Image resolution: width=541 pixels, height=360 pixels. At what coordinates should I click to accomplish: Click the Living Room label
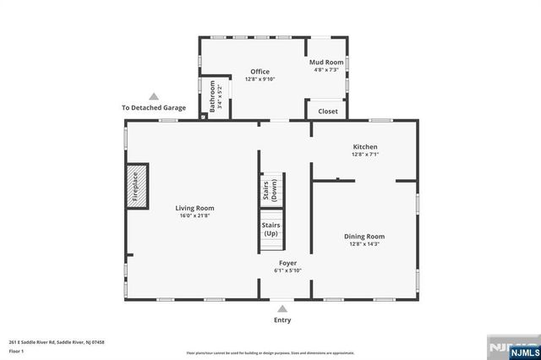click(194, 208)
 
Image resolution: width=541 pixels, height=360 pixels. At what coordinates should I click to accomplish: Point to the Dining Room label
click(364, 236)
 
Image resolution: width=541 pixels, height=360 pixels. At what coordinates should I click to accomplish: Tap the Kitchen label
click(365, 147)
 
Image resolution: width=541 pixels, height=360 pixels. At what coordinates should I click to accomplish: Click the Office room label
click(260, 72)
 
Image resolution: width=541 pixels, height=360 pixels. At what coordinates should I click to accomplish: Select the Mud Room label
click(326, 62)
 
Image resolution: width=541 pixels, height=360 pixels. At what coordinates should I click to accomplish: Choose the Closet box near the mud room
click(327, 111)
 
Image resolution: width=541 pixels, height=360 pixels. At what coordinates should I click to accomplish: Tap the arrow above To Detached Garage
click(153, 96)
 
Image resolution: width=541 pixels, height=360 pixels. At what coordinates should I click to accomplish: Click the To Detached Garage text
click(153, 108)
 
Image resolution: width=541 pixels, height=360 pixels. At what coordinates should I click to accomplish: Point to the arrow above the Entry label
click(281, 308)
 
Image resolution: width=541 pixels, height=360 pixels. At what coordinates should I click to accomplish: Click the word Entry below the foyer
click(281, 320)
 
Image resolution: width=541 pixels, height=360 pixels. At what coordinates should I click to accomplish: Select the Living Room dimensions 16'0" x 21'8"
click(194, 216)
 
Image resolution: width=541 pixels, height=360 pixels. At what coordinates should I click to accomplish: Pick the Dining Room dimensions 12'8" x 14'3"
click(364, 244)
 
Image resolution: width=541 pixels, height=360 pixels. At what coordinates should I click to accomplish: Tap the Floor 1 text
click(16, 351)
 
